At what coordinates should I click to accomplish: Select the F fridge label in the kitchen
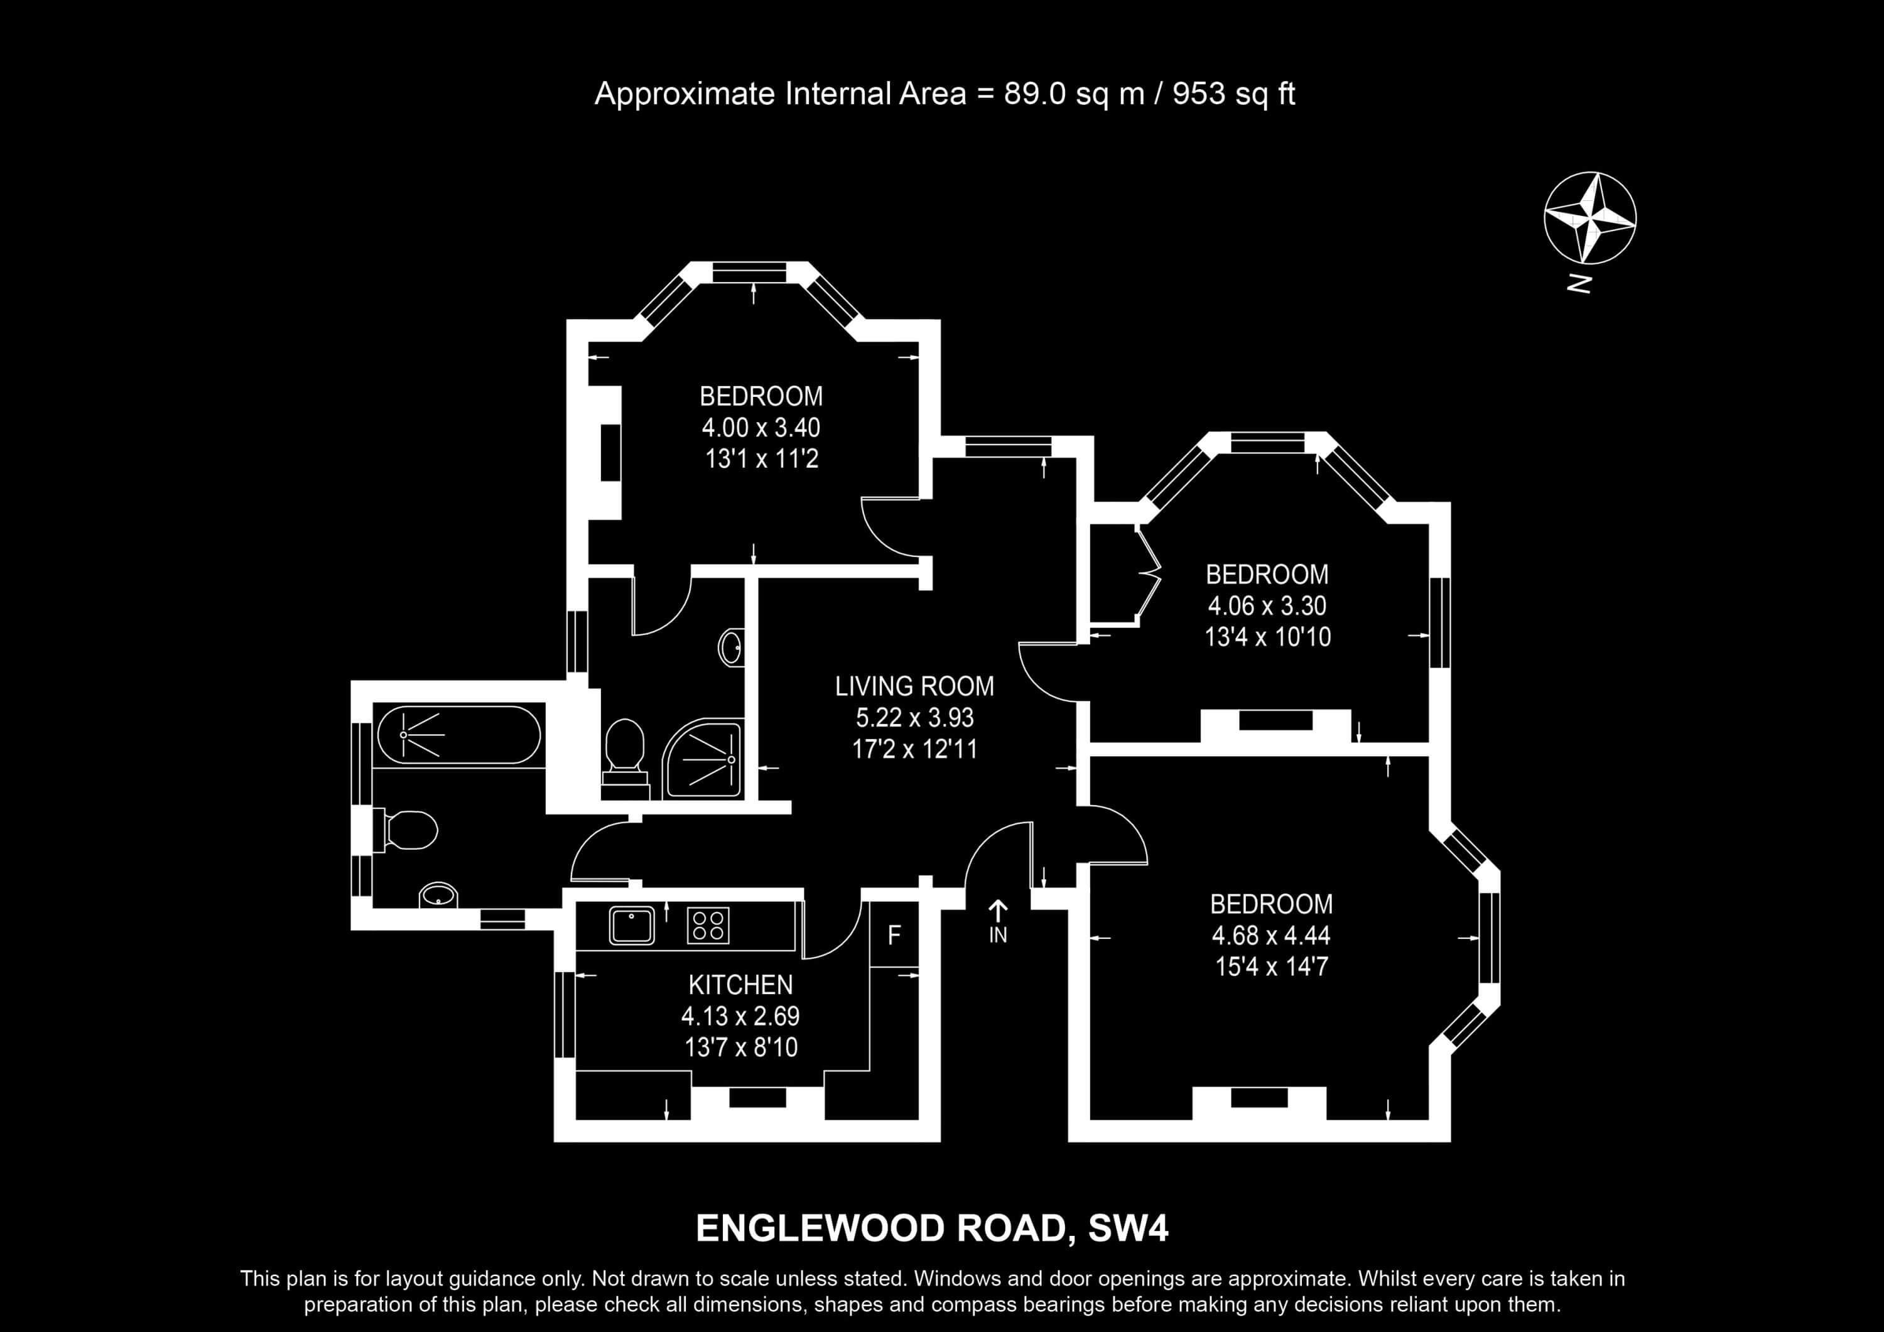894,934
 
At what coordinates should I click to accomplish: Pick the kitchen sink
632,925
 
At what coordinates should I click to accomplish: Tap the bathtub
458,735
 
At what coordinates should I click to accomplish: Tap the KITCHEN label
740,985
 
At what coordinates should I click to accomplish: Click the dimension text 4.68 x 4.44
1271,934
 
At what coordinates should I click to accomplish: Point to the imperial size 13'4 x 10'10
1268,637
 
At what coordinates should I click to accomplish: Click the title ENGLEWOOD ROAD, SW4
932,1228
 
